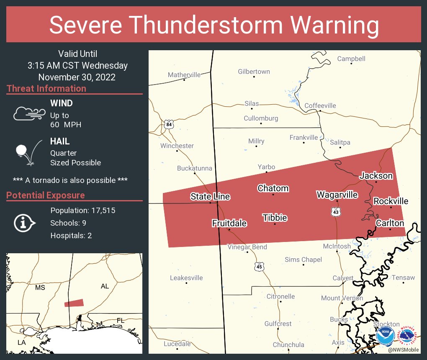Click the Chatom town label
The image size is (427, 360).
pos(273,188)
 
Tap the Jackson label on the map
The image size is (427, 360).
pos(376,176)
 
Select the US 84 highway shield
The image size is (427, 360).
pos(168,125)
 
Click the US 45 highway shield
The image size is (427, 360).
pos(259,267)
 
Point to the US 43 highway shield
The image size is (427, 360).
pos(336,213)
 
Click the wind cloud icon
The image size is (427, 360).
pos(28,113)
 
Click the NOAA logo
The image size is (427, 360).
pos(385,336)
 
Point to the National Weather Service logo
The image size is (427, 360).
pos(409,336)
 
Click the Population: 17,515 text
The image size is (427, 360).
pos(82,211)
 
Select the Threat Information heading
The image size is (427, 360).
pos(46,89)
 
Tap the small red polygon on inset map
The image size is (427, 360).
pos(74,303)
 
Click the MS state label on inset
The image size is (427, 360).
pos(40,288)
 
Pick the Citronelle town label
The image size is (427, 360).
pos(280,296)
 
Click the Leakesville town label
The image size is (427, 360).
pos(186,278)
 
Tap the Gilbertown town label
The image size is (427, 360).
pos(254,72)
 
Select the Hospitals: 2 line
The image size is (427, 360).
pos(71,236)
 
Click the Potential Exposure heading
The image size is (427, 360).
pos(46,195)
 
